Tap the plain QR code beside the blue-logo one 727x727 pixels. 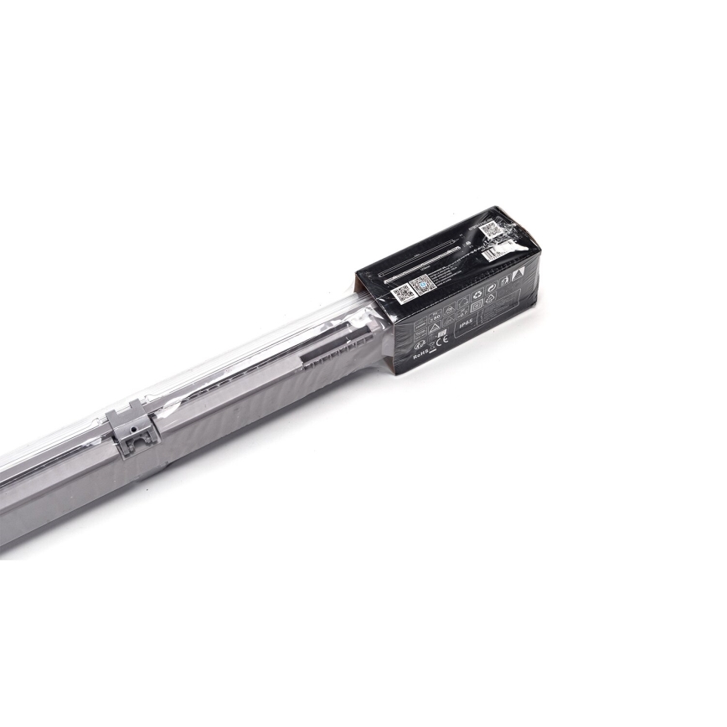[403, 292]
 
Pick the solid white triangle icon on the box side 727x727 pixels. [518, 276]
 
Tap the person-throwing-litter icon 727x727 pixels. [505, 282]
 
